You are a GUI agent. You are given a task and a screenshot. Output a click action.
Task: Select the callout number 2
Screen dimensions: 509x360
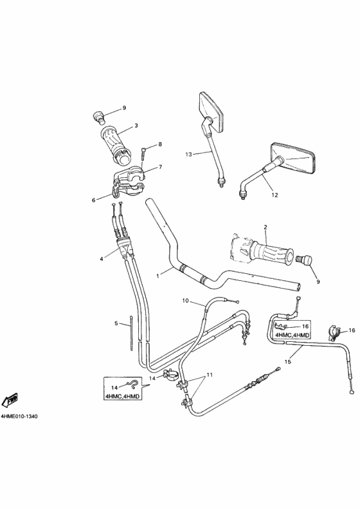[265, 227]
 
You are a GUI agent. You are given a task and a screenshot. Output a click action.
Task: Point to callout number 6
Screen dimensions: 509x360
[93, 200]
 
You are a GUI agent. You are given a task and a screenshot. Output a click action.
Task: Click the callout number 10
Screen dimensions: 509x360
[185, 300]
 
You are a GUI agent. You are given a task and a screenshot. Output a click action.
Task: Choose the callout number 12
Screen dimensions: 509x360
[274, 194]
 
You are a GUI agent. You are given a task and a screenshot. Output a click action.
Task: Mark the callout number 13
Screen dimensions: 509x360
[189, 154]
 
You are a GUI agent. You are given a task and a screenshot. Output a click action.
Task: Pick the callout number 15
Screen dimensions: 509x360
[288, 362]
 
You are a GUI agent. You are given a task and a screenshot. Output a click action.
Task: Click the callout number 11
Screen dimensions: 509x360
[208, 375]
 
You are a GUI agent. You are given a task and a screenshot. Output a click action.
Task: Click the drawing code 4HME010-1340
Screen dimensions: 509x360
[19, 416]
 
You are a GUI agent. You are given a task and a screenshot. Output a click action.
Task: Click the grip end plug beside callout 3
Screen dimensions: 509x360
[99, 116]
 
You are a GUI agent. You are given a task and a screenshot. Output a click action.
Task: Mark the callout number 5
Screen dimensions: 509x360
[116, 324]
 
